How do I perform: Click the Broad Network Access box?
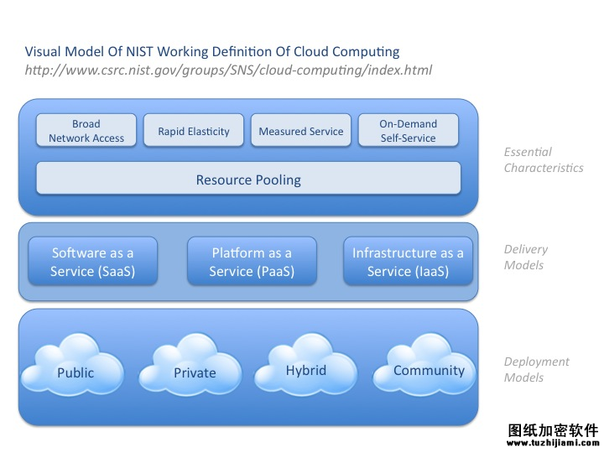(86, 130)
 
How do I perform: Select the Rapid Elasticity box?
(194, 130)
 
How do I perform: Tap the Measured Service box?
(301, 130)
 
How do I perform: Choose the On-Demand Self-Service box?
(409, 130)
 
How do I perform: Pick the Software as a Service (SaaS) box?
(93, 261)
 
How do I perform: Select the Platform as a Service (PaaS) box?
(252, 261)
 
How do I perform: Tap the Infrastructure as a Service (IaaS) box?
(408, 261)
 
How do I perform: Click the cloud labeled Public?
(72, 365)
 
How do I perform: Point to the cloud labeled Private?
(190, 365)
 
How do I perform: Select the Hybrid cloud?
(306, 364)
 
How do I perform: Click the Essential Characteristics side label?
(544, 160)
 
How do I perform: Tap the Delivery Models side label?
(526, 257)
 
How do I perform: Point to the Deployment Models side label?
(537, 369)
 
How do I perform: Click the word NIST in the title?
(139, 51)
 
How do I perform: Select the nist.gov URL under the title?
(228, 70)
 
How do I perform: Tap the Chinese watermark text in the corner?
(553, 430)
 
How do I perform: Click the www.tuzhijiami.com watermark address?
(553, 443)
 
